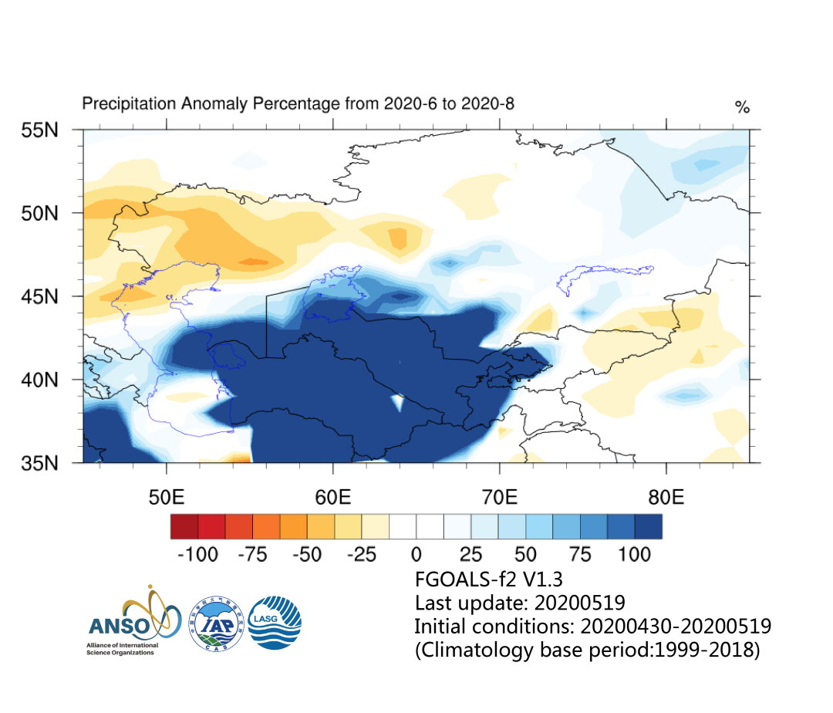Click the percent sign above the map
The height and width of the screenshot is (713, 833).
click(742, 108)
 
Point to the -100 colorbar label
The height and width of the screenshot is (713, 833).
click(197, 554)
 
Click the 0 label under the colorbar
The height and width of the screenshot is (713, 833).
click(416, 554)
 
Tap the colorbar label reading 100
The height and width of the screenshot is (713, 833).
click(635, 554)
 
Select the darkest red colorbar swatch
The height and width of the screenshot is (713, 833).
click(184, 526)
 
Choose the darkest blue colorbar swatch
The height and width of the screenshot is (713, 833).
click(649, 526)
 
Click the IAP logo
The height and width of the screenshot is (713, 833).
click(217, 622)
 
